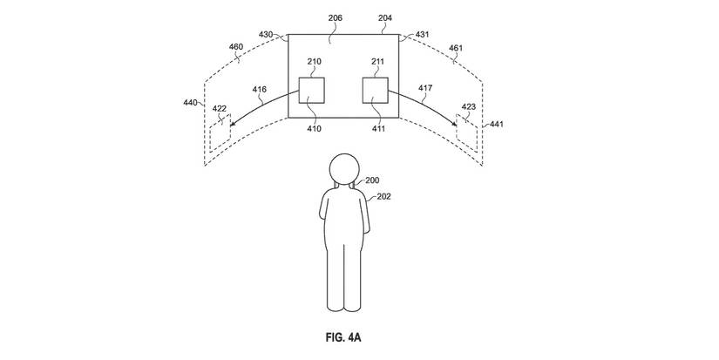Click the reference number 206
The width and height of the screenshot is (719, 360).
336,18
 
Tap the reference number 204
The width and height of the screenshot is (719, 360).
385,18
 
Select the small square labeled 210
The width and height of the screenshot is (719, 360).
312,91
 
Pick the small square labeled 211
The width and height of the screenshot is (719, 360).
376,91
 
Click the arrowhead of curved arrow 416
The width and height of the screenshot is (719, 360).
232,124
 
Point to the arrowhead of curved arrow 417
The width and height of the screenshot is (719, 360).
454,124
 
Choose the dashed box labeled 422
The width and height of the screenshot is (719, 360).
220,133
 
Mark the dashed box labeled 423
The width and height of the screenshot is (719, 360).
467,133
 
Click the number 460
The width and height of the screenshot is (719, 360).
236,47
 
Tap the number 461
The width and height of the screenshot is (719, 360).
456,48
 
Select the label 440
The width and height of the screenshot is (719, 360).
190,102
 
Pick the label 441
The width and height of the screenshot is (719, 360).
497,124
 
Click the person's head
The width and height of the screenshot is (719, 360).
344,169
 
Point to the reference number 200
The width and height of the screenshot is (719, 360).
372,180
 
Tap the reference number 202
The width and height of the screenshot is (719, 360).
383,197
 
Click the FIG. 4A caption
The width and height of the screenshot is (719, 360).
343,337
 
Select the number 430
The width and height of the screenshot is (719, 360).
266,34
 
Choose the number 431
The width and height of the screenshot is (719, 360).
423,34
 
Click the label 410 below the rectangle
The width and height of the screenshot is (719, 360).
314,129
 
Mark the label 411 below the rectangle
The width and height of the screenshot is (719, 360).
378,129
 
